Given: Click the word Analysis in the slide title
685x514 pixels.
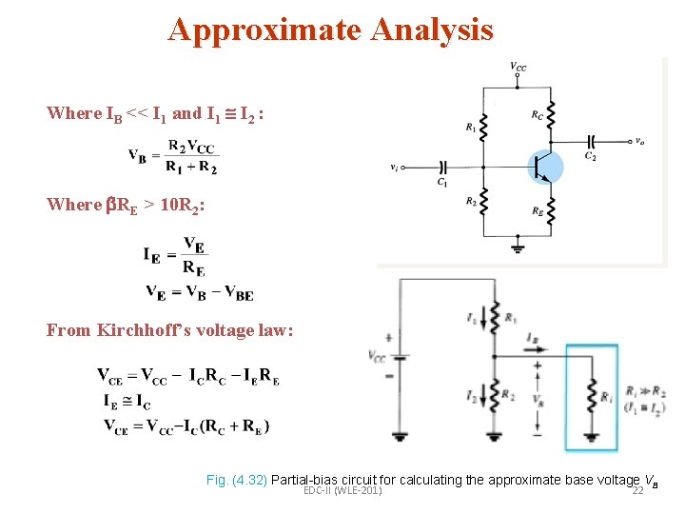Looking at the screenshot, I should pos(433,30).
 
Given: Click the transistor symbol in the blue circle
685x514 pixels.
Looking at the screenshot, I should pos(544,167).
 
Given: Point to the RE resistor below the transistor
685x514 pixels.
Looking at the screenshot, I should pos(552,209).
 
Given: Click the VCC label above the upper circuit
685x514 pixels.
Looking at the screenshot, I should pos(519,67).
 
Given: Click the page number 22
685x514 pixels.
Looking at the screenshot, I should pos(637,490).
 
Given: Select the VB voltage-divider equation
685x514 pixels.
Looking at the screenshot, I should pos(173,156).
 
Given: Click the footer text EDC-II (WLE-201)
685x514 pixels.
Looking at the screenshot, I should pos(342,490).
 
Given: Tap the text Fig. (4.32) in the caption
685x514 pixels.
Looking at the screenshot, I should pos(237,480).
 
